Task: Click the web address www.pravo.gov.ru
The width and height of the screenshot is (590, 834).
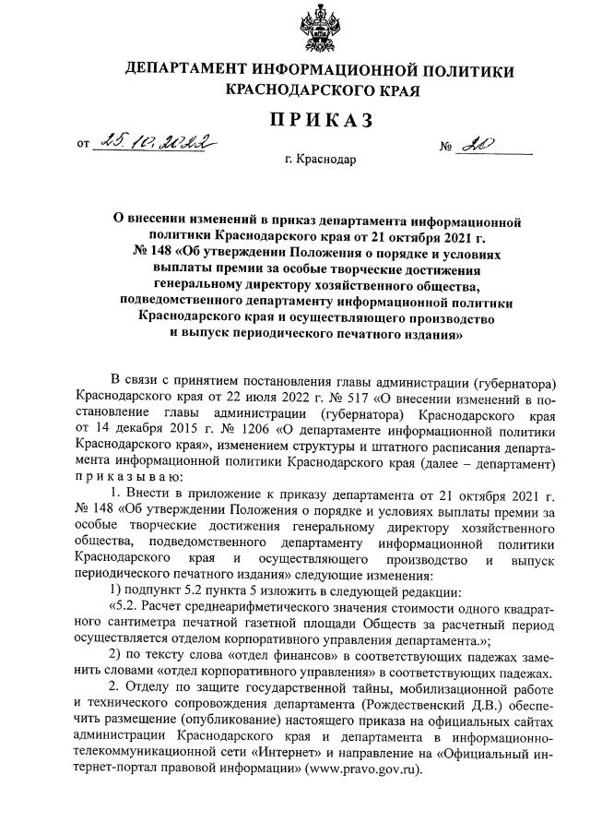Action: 366,767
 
